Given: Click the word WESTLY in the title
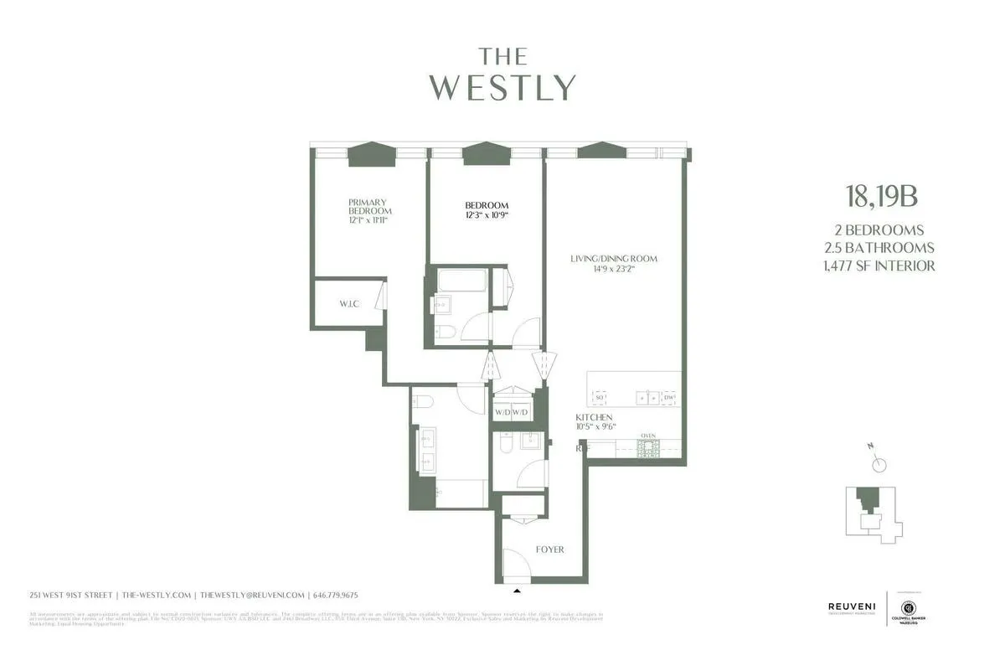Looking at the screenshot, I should tap(503, 87).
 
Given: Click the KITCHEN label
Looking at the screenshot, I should tap(594, 417).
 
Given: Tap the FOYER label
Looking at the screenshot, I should tap(549, 549).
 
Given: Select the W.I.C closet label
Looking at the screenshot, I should tap(349, 303).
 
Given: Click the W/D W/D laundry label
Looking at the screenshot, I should tap(511, 412).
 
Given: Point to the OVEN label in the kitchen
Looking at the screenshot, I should tap(647, 436).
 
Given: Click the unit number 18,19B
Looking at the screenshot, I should tap(882, 197).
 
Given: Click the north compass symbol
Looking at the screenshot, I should tap(879, 464).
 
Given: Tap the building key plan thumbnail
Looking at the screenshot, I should tap(872, 512).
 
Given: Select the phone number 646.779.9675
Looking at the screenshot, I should tap(336, 595).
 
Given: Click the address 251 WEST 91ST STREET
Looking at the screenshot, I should tap(70, 595).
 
